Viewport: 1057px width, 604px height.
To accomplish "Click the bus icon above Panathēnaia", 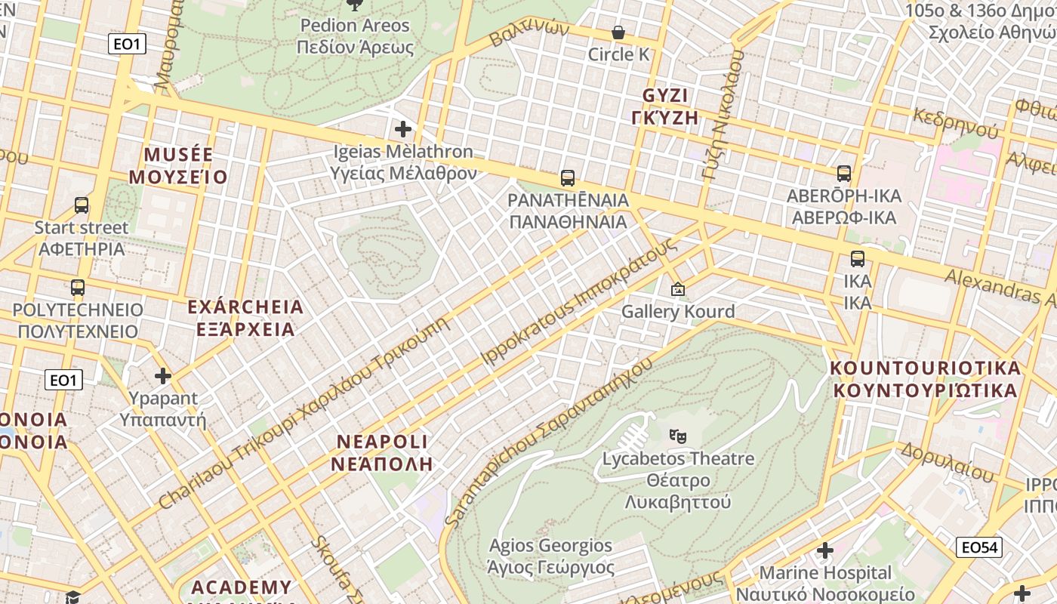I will pos(568,178).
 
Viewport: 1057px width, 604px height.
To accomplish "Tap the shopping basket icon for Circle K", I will pos(618,32).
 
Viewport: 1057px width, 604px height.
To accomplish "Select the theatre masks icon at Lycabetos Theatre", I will pos(678,436).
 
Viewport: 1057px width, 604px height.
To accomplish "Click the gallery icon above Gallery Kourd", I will pos(678,289).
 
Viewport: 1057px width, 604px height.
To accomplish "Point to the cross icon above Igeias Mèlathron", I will pos(403,129).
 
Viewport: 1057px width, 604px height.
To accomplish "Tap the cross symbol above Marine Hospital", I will pos(825,550).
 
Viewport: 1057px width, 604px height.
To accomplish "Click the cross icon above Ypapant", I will pos(163,375).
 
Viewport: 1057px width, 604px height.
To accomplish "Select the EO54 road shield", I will pos(978,547).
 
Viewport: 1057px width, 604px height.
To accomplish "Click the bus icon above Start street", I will pos(82,205).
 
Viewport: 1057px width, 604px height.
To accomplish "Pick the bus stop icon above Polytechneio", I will pos(78,288).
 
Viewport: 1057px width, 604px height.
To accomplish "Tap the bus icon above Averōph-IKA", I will pos(844,174).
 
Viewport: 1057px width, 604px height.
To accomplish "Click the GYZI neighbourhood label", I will pos(665,96).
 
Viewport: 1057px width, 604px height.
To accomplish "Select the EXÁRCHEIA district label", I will pos(245,307).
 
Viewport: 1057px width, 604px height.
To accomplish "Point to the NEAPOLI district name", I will pos(382,442).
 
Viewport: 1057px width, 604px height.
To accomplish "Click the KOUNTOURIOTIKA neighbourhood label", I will pos(925,368).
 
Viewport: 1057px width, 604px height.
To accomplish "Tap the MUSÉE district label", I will pos(178,155).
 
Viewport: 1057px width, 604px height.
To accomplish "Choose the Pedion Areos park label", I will pos(355,26).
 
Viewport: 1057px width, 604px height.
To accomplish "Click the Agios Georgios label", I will pos(550,545).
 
